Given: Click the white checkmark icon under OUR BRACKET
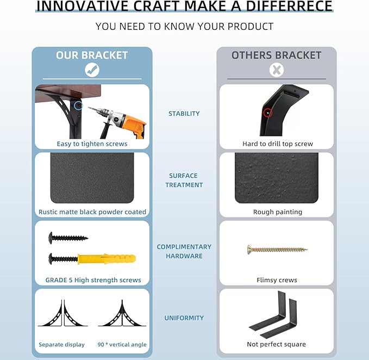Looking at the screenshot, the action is (92, 70).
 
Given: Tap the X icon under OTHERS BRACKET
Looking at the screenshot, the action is (277, 70).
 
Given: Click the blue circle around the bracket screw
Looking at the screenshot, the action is (78, 105).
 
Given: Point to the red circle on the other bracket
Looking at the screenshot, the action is (268, 113).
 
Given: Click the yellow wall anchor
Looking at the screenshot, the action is (107, 259).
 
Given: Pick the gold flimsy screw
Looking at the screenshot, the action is (277, 250).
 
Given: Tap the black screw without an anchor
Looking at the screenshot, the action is (68, 238).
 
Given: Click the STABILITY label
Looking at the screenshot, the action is (184, 114).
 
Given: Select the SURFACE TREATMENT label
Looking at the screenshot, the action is (184, 180).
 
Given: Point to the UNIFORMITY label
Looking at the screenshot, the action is (184, 318).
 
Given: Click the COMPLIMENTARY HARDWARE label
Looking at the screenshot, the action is (184, 251).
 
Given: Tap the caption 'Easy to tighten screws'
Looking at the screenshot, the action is (92, 144).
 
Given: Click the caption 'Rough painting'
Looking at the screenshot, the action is (278, 212).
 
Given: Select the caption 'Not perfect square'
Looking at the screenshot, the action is (276, 344).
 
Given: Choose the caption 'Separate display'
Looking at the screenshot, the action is (61, 344).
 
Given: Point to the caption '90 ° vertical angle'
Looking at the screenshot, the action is (122, 344).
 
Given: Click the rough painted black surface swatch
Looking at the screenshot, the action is (277, 178).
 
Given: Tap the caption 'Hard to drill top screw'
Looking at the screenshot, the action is (278, 144).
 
